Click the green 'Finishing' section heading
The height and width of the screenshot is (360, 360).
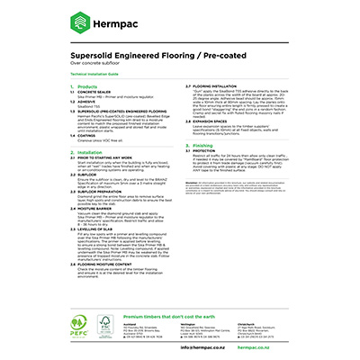click(x=202, y=144)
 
